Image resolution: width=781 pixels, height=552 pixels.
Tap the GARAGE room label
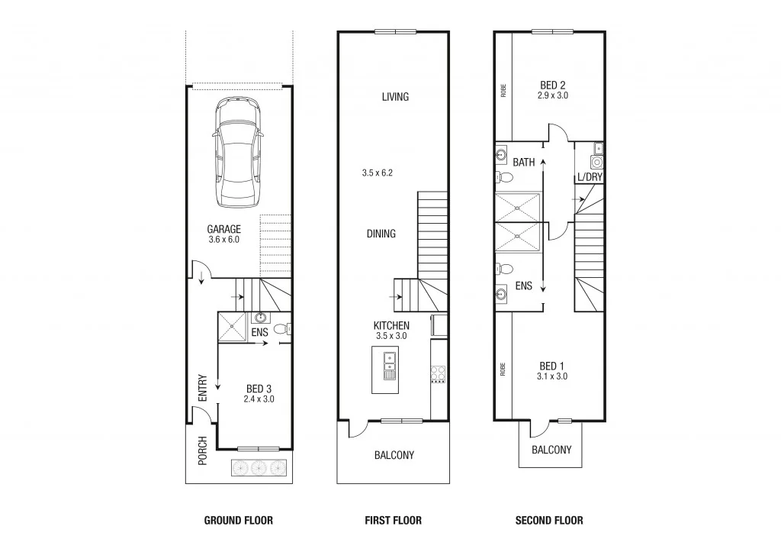point(224,229)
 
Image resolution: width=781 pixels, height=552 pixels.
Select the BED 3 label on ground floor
point(259,389)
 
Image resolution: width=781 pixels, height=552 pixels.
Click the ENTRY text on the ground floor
point(203,388)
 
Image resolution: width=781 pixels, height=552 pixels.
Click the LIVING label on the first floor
point(395,97)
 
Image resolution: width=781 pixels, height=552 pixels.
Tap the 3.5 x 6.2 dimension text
point(377,173)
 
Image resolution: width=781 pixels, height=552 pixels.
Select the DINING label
point(381,234)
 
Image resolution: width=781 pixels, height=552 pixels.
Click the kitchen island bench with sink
point(387,370)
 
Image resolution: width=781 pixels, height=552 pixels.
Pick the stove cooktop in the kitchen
point(439,374)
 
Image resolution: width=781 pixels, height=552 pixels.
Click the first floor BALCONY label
point(394,455)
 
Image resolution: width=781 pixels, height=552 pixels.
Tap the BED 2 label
point(552,85)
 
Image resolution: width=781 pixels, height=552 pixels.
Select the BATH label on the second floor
point(523,162)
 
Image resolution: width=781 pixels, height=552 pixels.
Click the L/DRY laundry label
point(590,177)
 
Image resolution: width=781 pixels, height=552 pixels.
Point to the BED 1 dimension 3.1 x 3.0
point(552,376)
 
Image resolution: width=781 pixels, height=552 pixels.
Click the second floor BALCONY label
point(551,450)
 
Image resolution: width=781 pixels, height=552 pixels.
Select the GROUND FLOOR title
point(238,521)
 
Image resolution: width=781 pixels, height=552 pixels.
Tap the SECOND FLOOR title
point(549,521)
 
